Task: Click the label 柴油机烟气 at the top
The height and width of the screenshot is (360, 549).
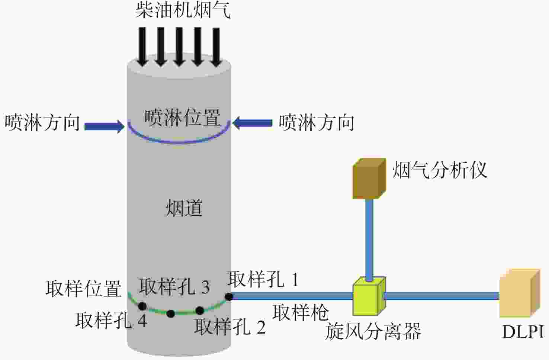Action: [183, 11]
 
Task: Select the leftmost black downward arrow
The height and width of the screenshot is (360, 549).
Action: [142, 46]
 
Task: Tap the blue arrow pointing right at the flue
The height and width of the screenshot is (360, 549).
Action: [105, 126]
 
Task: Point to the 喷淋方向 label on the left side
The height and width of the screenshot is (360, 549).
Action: [42, 122]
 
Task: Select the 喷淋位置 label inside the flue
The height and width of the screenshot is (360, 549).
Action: [183, 118]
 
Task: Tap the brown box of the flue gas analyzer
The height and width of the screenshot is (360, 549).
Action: [369, 179]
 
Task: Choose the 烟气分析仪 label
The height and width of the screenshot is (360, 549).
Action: [440, 170]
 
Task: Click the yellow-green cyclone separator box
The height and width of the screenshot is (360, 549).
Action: [369, 296]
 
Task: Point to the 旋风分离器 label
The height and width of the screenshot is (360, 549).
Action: [373, 331]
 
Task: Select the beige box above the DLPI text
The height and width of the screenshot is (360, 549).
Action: [520, 293]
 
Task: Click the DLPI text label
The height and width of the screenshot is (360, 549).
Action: [523, 332]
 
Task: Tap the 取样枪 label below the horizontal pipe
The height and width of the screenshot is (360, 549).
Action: [301, 312]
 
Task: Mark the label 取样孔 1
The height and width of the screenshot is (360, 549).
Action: [263, 279]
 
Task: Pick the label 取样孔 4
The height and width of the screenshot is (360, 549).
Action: [111, 320]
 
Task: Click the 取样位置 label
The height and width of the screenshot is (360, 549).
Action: [83, 289]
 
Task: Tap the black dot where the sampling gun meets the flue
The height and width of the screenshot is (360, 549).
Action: [229, 297]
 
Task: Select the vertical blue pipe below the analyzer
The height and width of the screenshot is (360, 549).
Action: [369, 240]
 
